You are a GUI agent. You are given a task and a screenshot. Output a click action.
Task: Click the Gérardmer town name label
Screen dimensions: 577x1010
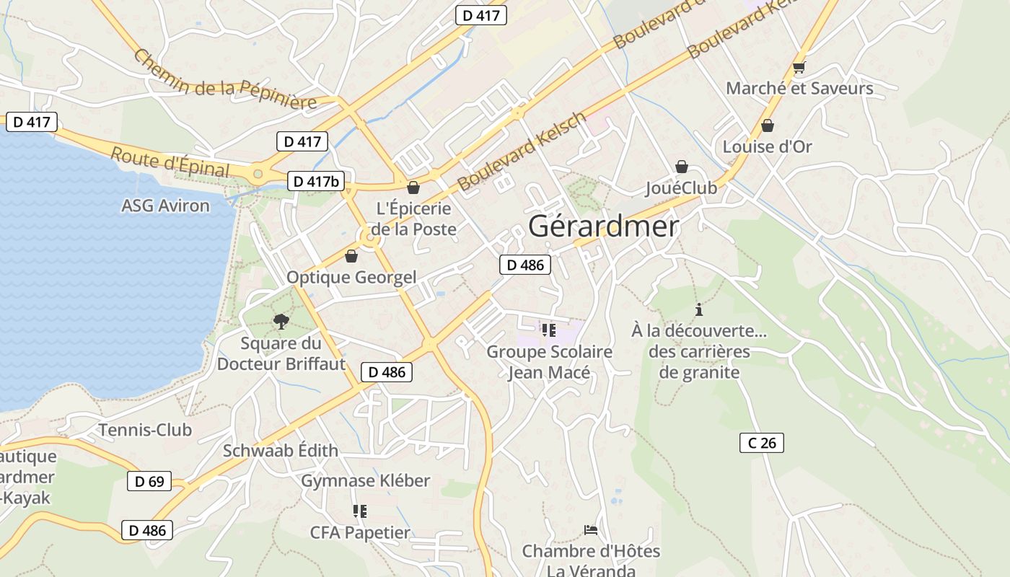pyautogui.click(x=603, y=226)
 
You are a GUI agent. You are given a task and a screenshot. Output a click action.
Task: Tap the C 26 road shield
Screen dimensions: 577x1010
pyautogui.click(x=761, y=443)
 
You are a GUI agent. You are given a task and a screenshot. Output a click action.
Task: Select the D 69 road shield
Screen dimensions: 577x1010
pyautogui.click(x=149, y=481)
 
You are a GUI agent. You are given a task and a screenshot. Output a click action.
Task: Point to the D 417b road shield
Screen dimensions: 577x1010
pyautogui.click(x=315, y=181)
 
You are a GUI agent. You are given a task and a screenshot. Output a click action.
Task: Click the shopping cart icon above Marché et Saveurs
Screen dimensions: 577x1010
pyautogui.click(x=798, y=68)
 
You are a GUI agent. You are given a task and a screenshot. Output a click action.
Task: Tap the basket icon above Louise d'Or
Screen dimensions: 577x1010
pyautogui.click(x=768, y=125)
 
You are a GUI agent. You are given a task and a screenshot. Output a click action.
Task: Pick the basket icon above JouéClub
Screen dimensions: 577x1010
pyautogui.click(x=681, y=167)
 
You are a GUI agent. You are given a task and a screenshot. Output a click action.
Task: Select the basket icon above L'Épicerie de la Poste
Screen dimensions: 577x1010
pyautogui.click(x=413, y=188)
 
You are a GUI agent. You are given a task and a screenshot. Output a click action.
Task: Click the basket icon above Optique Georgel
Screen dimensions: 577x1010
pyautogui.click(x=351, y=255)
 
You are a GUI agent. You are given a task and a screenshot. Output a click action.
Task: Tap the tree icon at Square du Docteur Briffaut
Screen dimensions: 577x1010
pyautogui.click(x=281, y=321)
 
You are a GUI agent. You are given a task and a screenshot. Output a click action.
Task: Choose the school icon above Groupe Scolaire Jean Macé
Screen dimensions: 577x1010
pyautogui.click(x=548, y=330)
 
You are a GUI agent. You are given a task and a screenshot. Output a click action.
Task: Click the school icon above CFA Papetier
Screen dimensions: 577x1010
pyautogui.click(x=359, y=511)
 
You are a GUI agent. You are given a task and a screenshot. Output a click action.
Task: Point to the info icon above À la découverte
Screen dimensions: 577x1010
pyautogui.click(x=698, y=309)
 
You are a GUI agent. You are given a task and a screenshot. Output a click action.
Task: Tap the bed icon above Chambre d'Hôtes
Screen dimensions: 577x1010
pyautogui.click(x=590, y=530)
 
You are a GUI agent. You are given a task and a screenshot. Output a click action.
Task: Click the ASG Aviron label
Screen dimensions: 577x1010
pyautogui.click(x=165, y=206)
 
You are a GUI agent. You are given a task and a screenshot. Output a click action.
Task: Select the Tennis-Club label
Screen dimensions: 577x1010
pyautogui.click(x=145, y=430)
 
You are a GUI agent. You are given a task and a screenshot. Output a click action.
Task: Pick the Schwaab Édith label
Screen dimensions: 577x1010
pyautogui.click(x=280, y=451)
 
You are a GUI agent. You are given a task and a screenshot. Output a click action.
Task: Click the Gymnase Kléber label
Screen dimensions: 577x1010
pyautogui.click(x=365, y=480)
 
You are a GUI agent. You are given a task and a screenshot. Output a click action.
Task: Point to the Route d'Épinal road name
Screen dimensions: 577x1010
pyautogui.click(x=170, y=162)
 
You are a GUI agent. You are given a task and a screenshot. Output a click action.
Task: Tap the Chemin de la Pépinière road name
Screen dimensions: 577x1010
pyautogui.click(x=224, y=80)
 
